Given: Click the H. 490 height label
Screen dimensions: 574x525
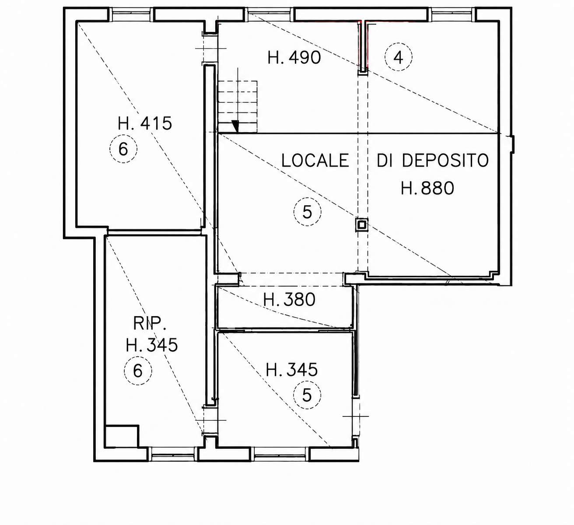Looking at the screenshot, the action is pyautogui.click(x=294, y=57).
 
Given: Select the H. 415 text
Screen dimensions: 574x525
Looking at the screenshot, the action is pyautogui.click(x=145, y=123).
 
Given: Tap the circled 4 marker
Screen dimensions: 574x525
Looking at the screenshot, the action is pyautogui.click(x=398, y=57).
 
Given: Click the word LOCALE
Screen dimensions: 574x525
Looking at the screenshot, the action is pyautogui.click(x=315, y=160).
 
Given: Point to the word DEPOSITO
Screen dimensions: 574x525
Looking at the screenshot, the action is pyautogui.click(x=445, y=160).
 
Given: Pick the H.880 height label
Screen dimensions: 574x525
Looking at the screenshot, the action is pyautogui.click(x=427, y=188).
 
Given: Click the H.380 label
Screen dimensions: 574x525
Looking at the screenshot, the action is pyautogui.click(x=289, y=299).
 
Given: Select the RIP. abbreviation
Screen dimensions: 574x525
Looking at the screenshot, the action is pyautogui.click(x=150, y=323).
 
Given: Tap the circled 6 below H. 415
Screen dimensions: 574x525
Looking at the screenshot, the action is pyautogui.click(x=123, y=149).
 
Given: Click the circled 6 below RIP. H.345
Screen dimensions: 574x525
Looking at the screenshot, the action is pyautogui.click(x=138, y=370).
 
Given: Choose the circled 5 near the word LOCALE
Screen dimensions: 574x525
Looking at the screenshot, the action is pyautogui.click(x=307, y=212).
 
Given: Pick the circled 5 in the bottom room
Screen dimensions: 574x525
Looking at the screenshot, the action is pyautogui.click(x=307, y=395).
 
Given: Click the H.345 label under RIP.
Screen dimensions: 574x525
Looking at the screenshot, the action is pyautogui.click(x=152, y=345).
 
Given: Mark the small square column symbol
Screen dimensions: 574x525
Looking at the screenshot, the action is pyautogui.click(x=362, y=225).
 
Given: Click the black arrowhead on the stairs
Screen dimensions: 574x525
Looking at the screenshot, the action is pyautogui.click(x=235, y=126).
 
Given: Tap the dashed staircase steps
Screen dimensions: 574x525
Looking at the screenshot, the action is pyautogui.click(x=238, y=107).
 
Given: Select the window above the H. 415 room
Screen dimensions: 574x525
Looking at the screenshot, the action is pyautogui.click(x=131, y=14).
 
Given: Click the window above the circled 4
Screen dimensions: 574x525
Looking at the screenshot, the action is pyautogui.click(x=452, y=14).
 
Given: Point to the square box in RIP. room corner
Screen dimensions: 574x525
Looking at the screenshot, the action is pyautogui.click(x=122, y=437).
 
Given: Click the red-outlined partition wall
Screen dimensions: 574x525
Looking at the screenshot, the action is pyautogui.click(x=363, y=46).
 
